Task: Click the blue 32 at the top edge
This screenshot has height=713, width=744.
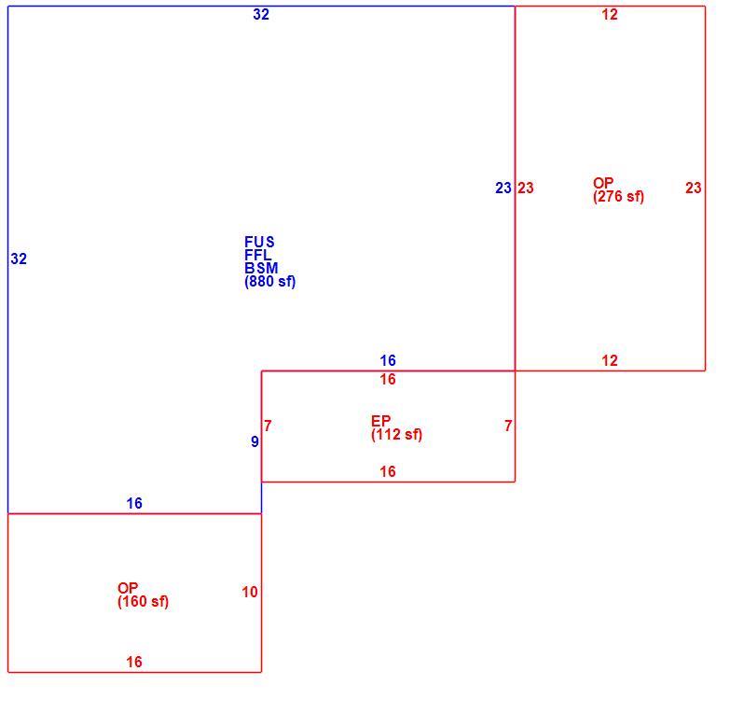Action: tap(261, 14)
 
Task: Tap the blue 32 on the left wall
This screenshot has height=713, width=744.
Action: tap(19, 259)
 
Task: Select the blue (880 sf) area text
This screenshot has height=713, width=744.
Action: tap(270, 281)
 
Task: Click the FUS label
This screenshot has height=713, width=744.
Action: tap(259, 242)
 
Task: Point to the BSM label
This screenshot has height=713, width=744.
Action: tap(261, 268)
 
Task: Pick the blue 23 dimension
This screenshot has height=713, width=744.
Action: tap(503, 189)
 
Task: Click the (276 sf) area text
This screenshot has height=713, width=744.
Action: tap(618, 196)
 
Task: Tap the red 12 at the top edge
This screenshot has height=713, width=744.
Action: tap(609, 14)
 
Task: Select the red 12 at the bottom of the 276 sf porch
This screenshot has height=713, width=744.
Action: tap(609, 360)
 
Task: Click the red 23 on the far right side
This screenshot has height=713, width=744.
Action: tap(693, 189)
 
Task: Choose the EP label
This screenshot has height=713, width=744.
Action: tap(380, 421)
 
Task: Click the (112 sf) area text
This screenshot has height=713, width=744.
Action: tap(396, 434)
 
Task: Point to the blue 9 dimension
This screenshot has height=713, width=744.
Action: tap(255, 441)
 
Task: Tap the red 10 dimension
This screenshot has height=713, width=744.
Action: tap(250, 592)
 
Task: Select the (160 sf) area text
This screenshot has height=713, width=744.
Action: tap(143, 601)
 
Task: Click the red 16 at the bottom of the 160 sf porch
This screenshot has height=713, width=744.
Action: tap(134, 662)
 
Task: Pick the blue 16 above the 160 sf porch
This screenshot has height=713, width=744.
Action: tap(134, 504)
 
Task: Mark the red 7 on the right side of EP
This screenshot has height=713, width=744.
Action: tap(508, 426)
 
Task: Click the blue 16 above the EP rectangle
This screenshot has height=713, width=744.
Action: tap(388, 360)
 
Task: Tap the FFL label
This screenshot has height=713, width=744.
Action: tap(257, 255)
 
